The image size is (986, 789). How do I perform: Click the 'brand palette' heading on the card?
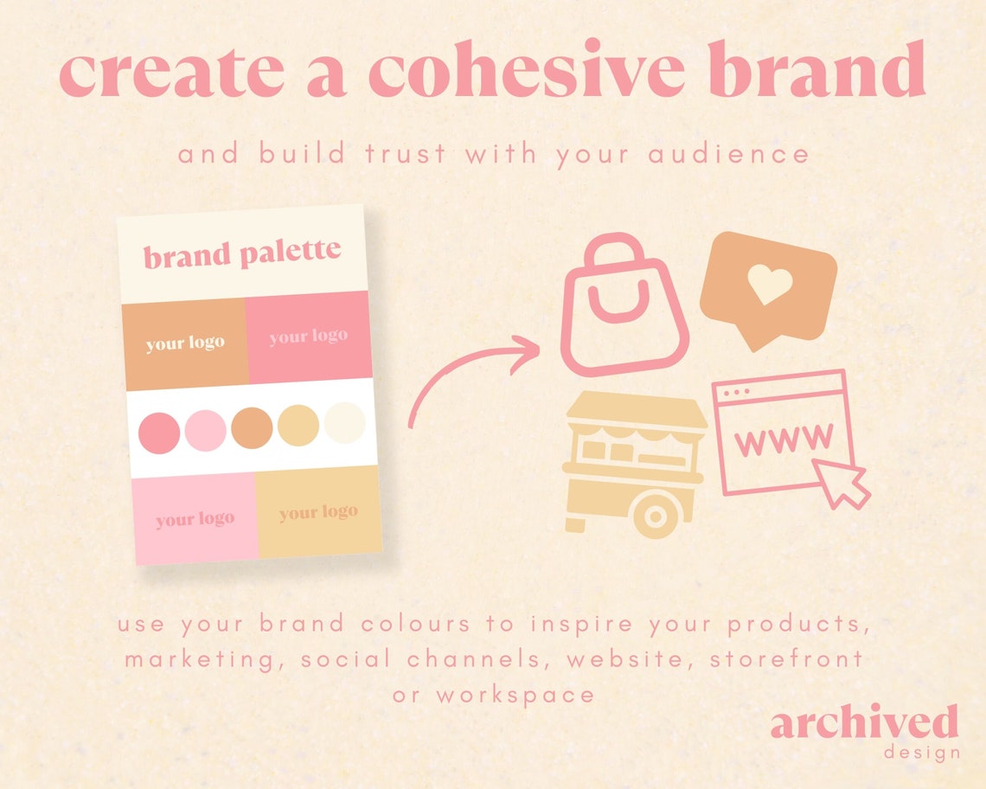[x=242, y=254]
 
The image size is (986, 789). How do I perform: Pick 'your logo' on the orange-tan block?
[x=185, y=343]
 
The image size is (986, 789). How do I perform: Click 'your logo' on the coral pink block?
[x=308, y=337]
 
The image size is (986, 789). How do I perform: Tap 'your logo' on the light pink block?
[x=195, y=519]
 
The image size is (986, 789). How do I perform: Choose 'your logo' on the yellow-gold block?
[x=317, y=513]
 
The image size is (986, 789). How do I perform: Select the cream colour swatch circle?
[x=344, y=424]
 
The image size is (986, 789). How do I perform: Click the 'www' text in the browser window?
[x=783, y=440]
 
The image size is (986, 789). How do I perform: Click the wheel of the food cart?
[x=656, y=518]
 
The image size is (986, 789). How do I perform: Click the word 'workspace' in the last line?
[x=515, y=694]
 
